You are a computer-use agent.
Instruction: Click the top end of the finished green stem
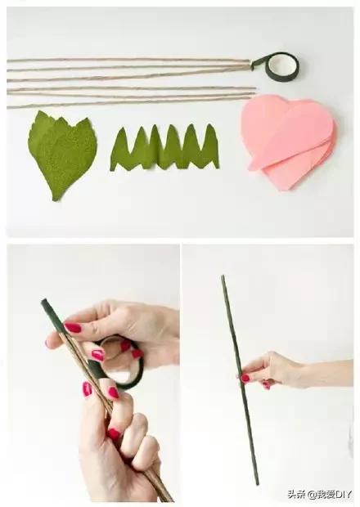tap(223, 276)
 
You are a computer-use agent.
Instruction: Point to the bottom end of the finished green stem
tap(258, 484)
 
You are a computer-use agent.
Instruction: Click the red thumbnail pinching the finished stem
tap(245, 378)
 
